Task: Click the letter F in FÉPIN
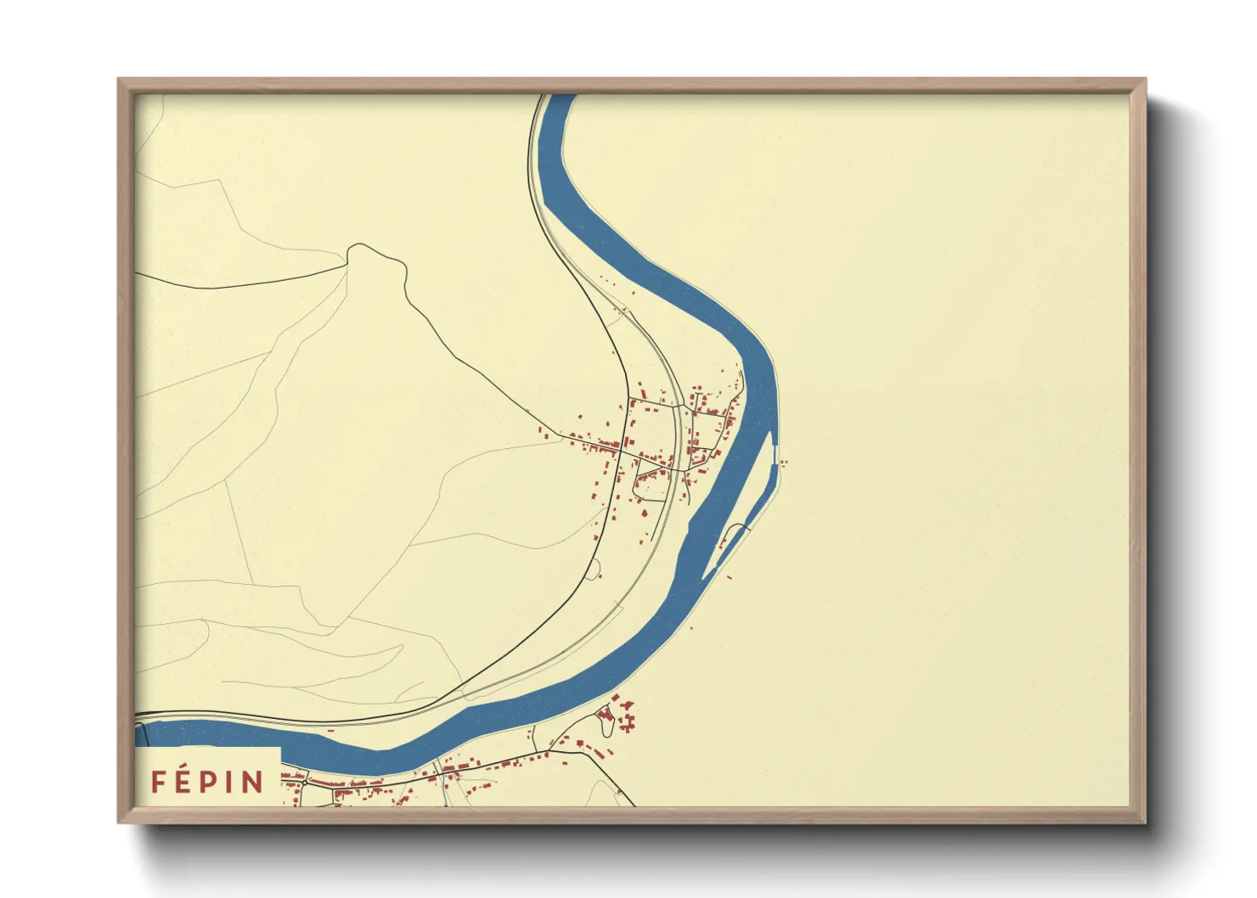tap(158, 782)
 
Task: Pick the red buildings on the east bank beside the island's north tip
tap(782, 463)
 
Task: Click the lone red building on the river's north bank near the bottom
tap(689, 629)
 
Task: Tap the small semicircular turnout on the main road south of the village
tap(595, 569)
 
